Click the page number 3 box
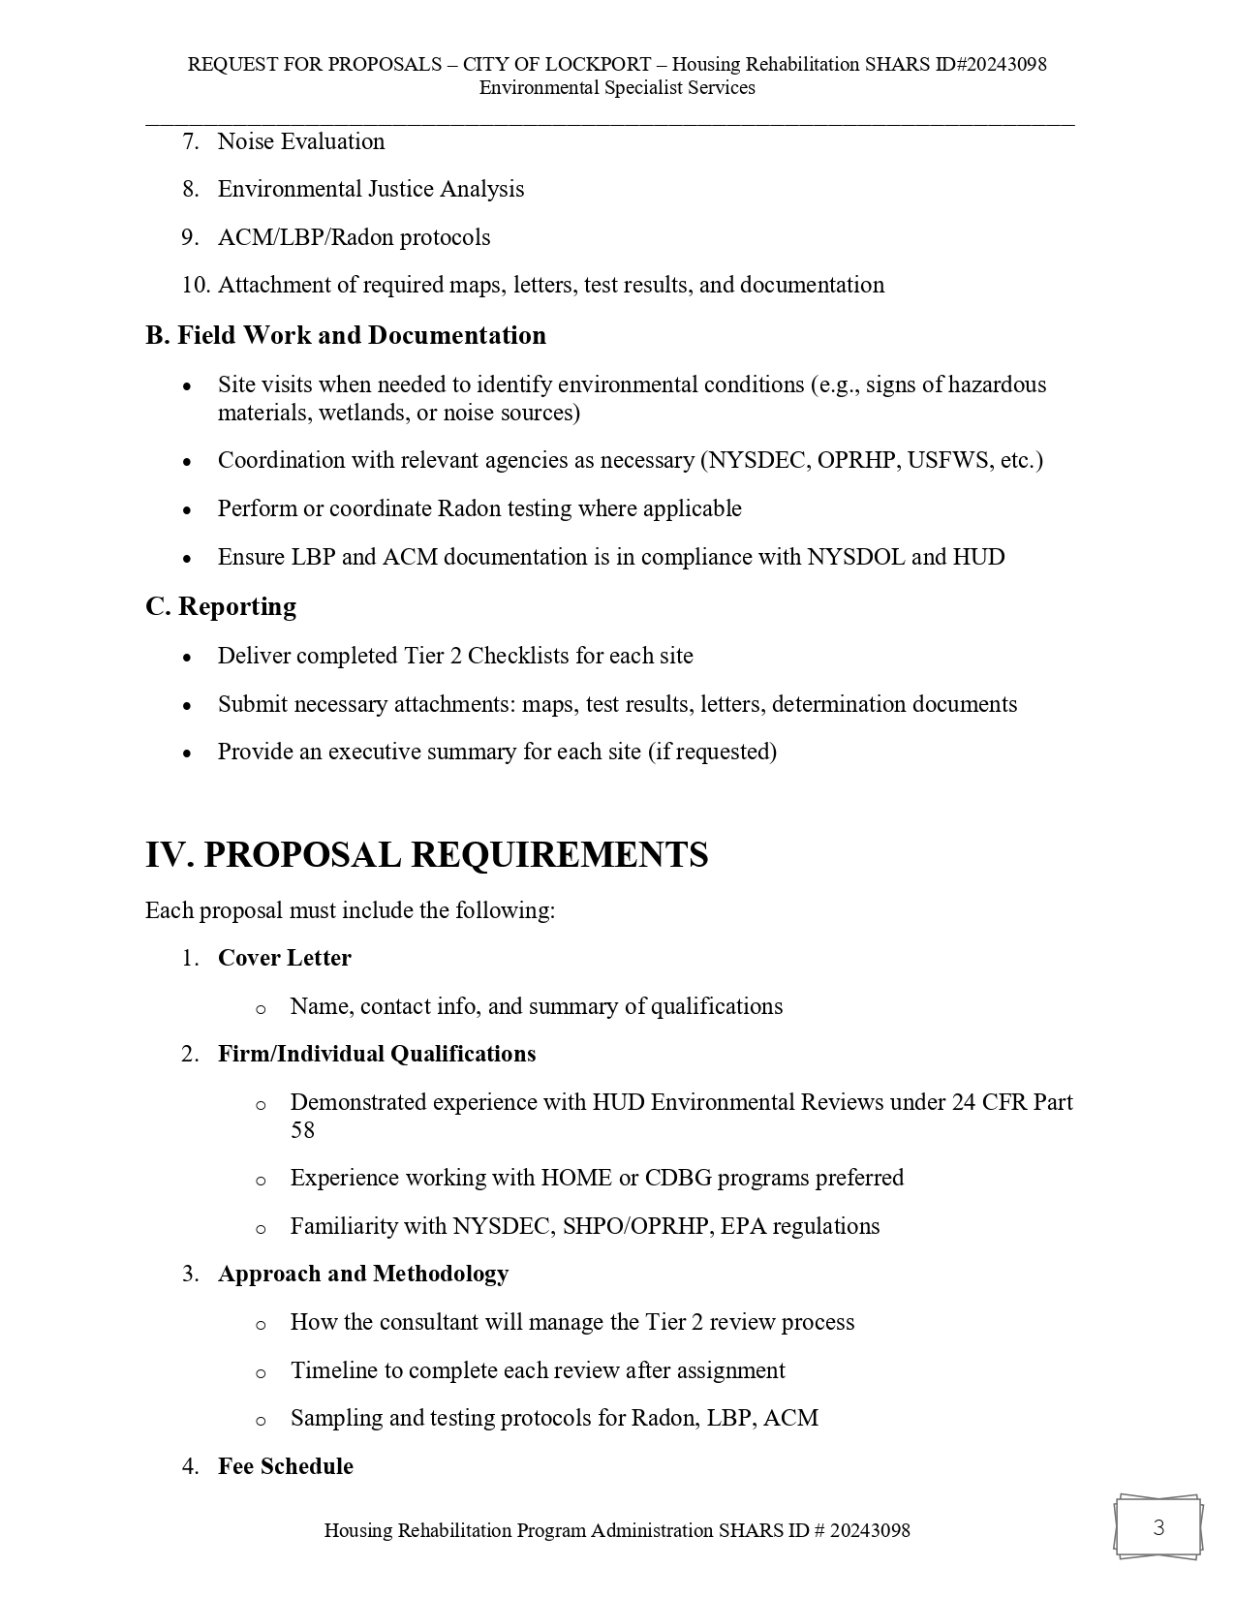click(x=1158, y=1528)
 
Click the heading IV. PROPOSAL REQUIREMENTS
click(x=426, y=855)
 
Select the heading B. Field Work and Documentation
click(x=346, y=335)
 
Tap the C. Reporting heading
click(x=221, y=606)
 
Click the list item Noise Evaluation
click(x=301, y=141)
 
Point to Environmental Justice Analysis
click(x=371, y=189)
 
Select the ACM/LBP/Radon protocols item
click(x=354, y=237)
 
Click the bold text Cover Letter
click(x=285, y=958)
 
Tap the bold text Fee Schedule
click(x=286, y=1466)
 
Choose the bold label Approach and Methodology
click(x=363, y=1274)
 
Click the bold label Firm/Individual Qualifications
click(x=377, y=1054)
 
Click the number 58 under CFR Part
click(x=302, y=1130)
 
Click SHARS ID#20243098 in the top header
click(x=955, y=65)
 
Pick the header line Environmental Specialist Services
click(x=617, y=88)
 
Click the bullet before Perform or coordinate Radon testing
click(x=187, y=509)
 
